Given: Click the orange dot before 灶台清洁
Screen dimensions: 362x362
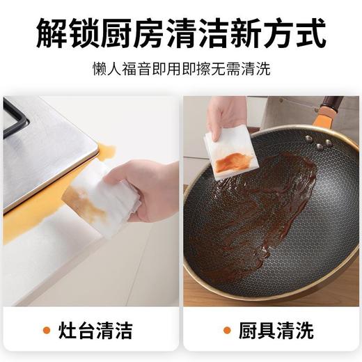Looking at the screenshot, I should coord(46,329).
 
